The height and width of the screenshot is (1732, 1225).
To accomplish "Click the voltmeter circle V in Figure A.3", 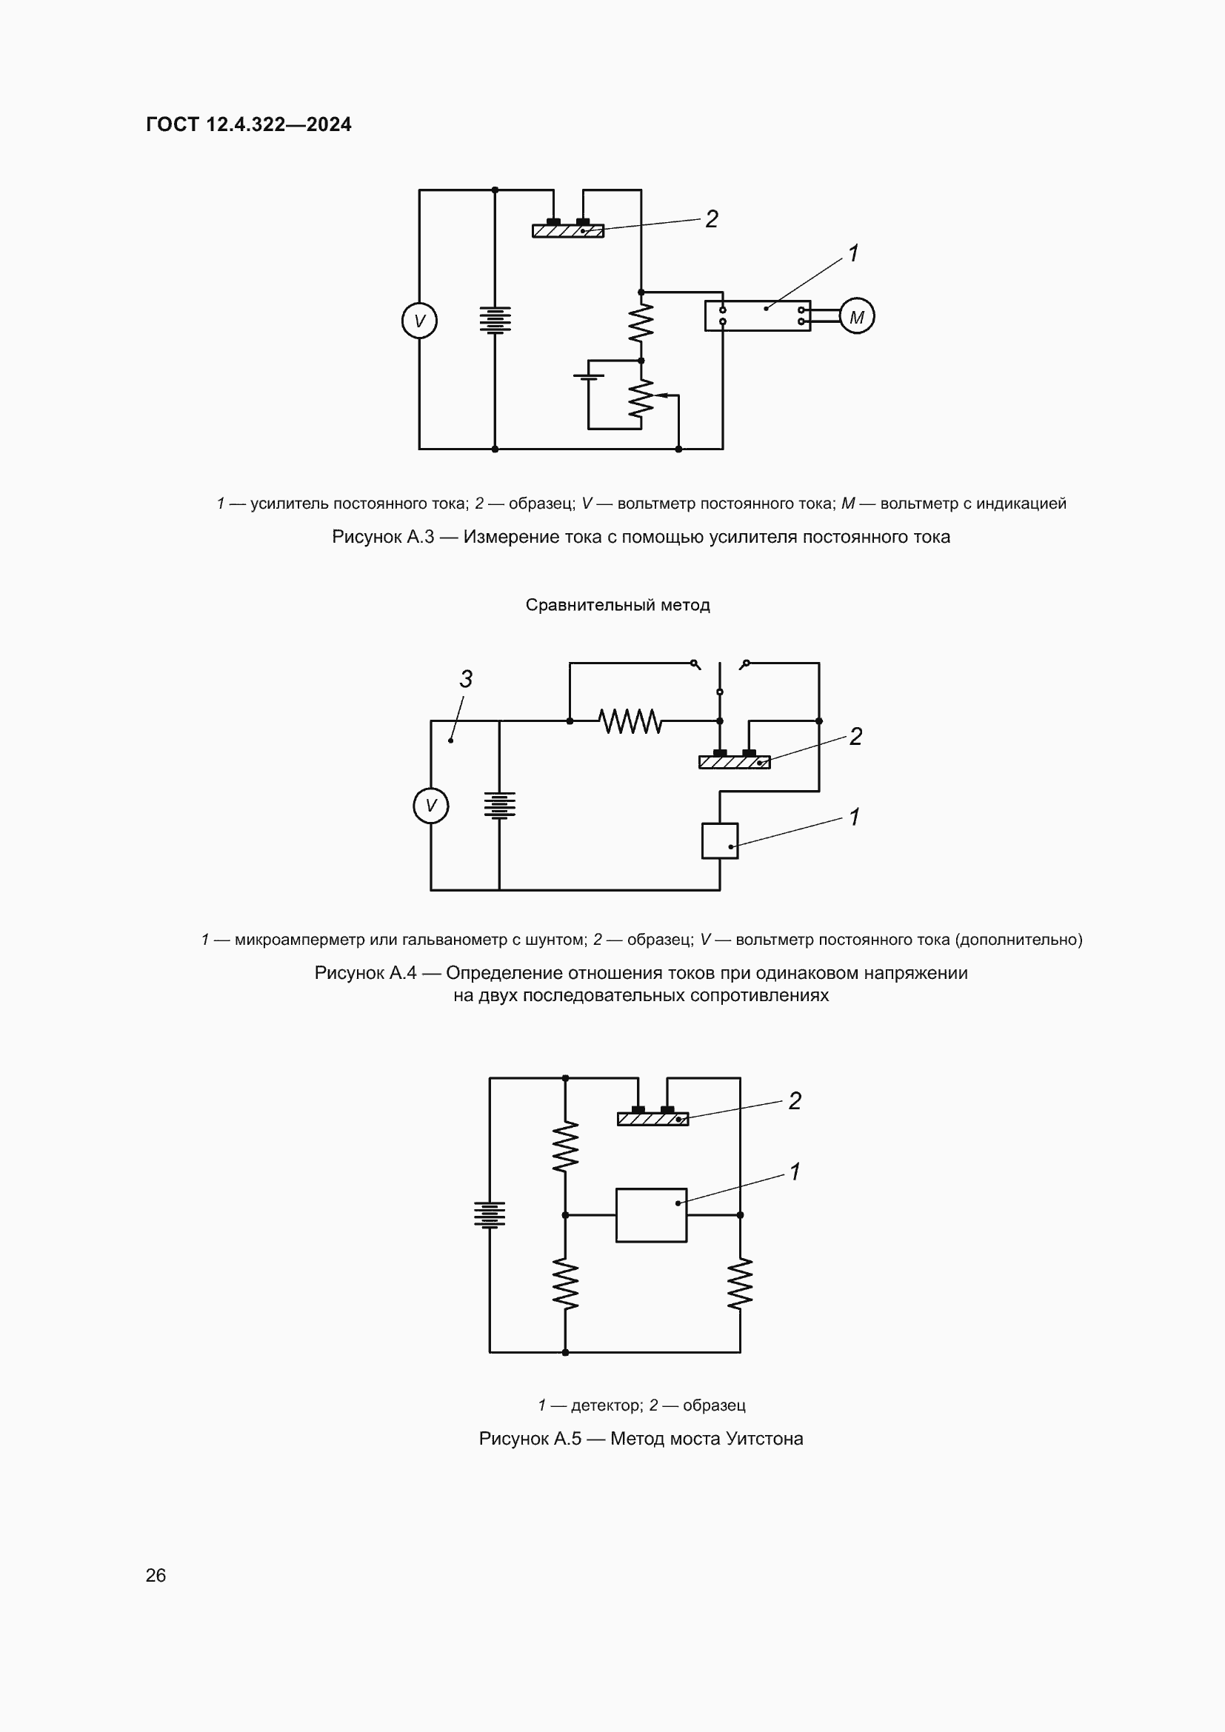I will tap(419, 321).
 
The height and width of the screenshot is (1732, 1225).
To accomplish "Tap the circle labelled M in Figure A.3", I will tap(857, 317).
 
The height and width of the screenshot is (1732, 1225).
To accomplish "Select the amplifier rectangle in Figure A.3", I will tap(758, 316).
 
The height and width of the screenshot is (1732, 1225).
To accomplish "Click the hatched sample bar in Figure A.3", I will tap(568, 231).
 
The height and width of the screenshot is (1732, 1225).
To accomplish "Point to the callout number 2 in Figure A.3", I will tap(711, 219).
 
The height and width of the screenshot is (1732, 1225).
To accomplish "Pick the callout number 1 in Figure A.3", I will tap(853, 253).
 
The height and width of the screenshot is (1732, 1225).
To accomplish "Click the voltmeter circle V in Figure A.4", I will tap(431, 806).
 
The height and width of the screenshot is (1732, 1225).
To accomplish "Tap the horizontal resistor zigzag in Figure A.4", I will tap(630, 721).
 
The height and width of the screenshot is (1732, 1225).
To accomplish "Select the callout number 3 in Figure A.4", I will tap(466, 679).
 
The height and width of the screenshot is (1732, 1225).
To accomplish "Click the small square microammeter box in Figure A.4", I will tap(720, 840).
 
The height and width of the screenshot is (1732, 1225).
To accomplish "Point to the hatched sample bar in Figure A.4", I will tap(734, 763).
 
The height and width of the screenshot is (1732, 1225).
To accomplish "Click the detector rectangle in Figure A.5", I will tap(651, 1215).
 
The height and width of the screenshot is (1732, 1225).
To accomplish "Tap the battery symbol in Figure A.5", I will tap(490, 1214).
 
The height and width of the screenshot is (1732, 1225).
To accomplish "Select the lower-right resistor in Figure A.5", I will tap(740, 1283).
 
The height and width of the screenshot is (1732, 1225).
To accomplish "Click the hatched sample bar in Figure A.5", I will tap(652, 1120).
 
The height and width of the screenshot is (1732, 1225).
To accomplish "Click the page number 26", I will tap(156, 1575).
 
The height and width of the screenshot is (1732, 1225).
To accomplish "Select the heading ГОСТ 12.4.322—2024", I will tap(249, 124).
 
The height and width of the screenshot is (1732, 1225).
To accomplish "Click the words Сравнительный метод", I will tap(618, 605).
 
